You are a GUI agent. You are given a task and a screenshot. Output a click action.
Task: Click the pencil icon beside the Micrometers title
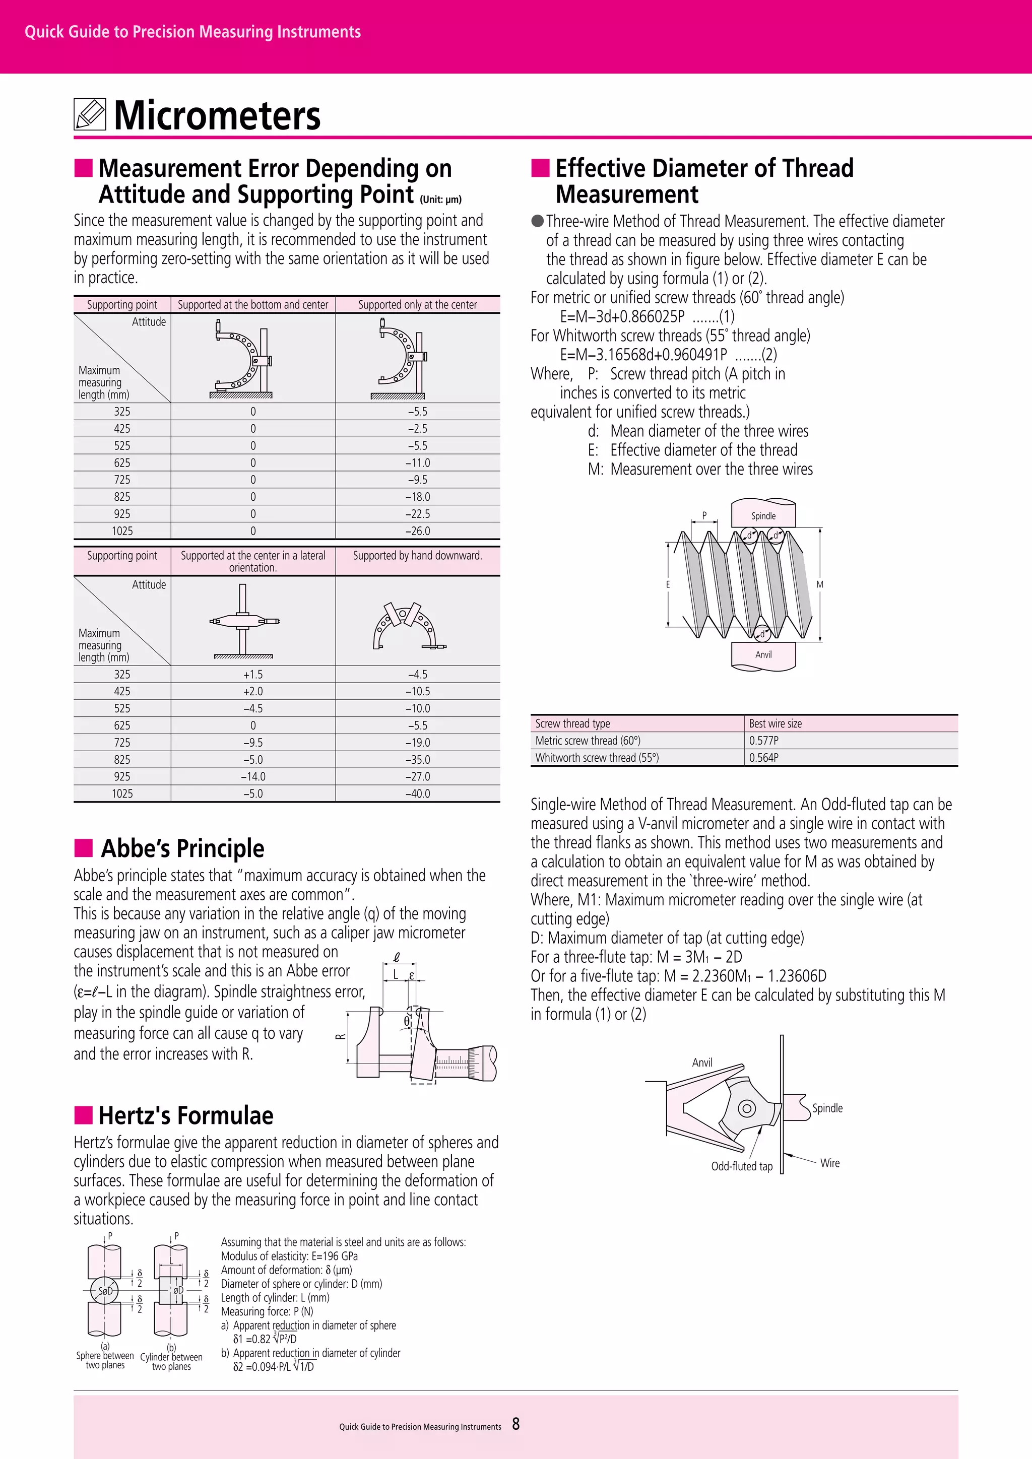[x=90, y=114]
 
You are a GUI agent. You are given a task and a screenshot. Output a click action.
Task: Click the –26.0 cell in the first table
[x=418, y=530]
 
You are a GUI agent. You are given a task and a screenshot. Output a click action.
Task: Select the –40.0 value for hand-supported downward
[x=418, y=793]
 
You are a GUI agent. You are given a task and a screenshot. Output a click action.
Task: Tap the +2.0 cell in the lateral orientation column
[x=253, y=691]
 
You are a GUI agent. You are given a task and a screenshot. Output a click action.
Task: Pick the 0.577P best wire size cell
[x=764, y=740]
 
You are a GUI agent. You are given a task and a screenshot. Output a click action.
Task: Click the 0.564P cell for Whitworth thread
[x=764, y=757]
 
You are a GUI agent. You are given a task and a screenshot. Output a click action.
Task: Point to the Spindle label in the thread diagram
[x=763, y=516]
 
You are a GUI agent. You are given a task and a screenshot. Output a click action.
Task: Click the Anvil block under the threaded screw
[x=763, y=655]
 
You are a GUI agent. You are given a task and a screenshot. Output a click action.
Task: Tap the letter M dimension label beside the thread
[x=820, y=584]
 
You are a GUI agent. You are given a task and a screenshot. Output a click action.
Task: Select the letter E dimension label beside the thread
[x=668, y=584]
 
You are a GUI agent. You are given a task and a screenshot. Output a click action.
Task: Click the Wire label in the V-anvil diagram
[x=829, y=1163]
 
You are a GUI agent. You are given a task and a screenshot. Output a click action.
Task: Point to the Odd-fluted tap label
[x=742, y=1166]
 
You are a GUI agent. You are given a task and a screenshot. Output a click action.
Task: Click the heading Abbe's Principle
[x=182, y=848]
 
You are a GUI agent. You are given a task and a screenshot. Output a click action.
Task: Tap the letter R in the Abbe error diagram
[x=341, y=1036]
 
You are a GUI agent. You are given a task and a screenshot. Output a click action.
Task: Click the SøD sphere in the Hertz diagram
[x=105, y=1291]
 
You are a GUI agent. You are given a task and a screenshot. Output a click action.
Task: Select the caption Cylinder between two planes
[x=171, y=1361]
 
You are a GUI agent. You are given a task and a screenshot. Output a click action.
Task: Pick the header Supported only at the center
[x=418, y=305]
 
